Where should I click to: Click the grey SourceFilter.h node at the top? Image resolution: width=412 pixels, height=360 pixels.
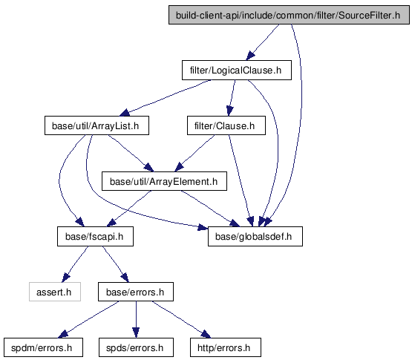tap(289, 15)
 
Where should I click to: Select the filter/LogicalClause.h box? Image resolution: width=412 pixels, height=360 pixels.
tap(237, 71)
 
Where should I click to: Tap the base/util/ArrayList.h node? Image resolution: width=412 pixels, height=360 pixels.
tap(97, 125)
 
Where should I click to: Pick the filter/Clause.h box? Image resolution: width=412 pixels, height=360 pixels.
tap(226, 125)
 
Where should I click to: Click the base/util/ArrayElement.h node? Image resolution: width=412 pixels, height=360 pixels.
tap(164, 181)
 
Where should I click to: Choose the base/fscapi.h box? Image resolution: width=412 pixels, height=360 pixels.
tap(95, 237)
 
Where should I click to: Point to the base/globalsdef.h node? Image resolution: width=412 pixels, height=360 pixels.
tap(255, 237)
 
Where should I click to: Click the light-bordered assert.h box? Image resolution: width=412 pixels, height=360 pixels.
tap(55, 292)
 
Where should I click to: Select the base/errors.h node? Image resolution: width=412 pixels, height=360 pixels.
tap(136, 292)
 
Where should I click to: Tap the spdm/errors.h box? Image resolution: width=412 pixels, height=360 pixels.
tap(43, 347)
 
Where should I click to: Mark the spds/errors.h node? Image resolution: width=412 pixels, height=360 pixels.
tap(136, 347)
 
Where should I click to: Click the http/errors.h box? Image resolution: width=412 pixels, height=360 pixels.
tap(226, 347)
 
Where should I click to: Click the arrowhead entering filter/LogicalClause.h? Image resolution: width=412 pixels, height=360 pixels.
tap(250, 56)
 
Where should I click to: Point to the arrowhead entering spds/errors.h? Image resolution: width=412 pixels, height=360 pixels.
tap(136, 333)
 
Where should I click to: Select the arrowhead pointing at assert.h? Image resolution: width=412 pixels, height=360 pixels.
tap(65, 278)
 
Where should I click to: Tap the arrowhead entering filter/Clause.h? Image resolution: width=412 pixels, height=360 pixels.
tap(229, 111)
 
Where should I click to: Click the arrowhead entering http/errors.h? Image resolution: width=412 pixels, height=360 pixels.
tap(206, 334)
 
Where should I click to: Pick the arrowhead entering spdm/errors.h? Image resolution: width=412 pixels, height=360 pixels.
tap(63, 334)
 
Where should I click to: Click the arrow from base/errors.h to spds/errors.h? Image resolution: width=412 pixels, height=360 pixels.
tap(136, 319)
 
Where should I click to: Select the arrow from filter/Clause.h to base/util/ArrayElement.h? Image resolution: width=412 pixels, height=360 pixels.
tap(194, 153)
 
